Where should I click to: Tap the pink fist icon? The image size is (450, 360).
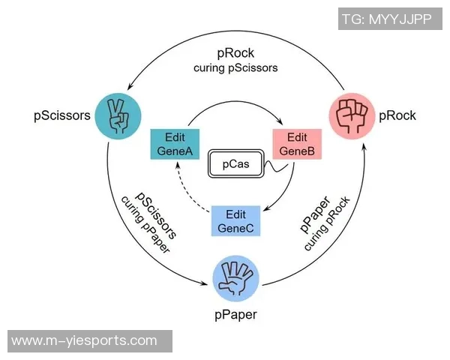click(x=351, y=115)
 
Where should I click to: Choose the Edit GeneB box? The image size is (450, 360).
click(x=297, y=143)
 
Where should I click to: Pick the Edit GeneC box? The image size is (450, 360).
click(x=236, y=220)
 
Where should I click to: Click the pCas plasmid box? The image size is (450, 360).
click(x=235, y=163)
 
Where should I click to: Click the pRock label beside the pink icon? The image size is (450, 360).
click(x=397, y=115)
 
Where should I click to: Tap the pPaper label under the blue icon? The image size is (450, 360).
click(x=236, y=315)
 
